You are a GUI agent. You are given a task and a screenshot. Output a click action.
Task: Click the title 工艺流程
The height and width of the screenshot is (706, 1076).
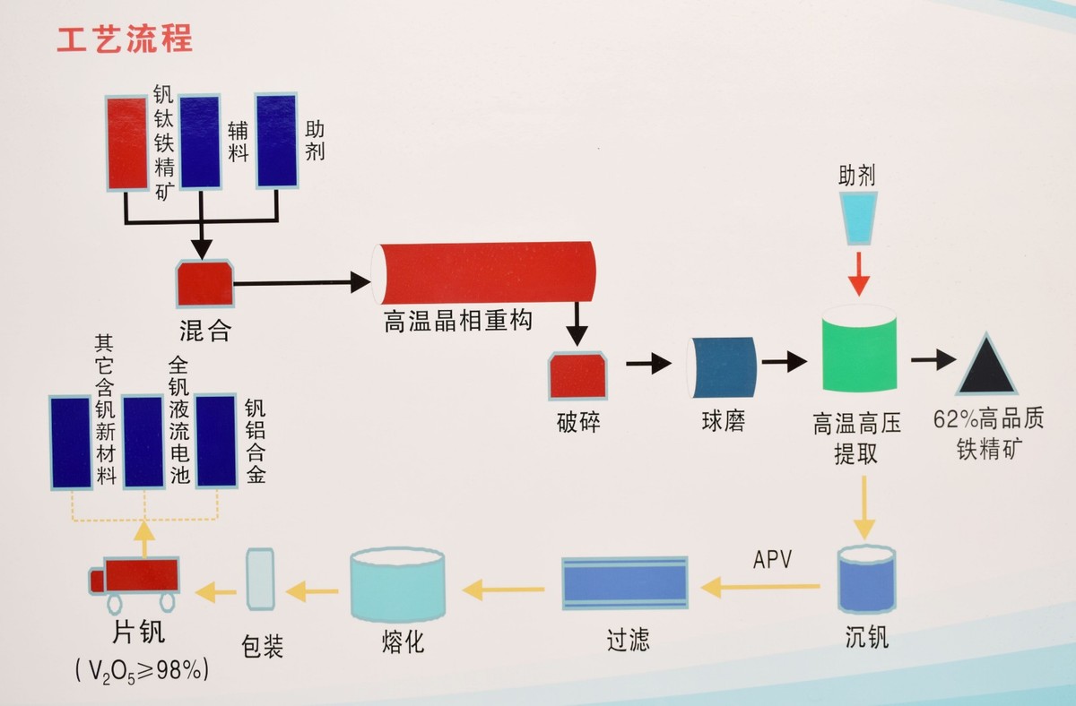tap(125, 39)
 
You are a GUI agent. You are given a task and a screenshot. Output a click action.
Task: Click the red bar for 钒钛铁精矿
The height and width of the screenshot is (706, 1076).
tap(126, 142)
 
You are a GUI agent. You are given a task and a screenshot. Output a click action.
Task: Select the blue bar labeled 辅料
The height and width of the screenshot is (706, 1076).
tap(200, 142)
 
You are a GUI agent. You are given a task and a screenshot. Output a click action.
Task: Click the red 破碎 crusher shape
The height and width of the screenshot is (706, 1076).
tap(578, 375)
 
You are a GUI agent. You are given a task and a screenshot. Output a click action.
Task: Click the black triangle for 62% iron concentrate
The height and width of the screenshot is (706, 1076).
tap(986, 365)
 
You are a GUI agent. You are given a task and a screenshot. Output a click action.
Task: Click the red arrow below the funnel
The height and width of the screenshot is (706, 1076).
tap(859, 272)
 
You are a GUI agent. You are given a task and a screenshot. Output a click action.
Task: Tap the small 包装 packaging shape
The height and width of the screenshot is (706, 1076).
tap(259, 580)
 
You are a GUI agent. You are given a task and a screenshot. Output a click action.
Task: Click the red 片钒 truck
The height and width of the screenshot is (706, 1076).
tap(136, 577)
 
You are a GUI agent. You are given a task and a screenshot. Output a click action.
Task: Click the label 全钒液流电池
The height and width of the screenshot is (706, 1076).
tap(180, 421)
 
